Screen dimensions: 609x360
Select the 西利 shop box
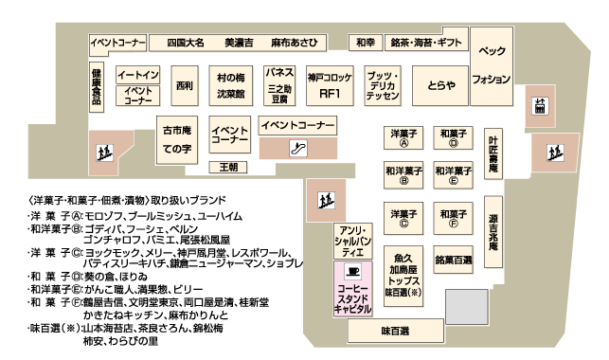(184, 86)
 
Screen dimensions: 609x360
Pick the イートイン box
(138, 74)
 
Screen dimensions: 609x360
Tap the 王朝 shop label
(228, 168)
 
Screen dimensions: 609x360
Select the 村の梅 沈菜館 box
(231, 85)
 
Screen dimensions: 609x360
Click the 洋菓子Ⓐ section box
(403, 139)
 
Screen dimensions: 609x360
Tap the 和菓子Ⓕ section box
(454, 219)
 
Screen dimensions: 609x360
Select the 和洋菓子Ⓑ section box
(403, 174)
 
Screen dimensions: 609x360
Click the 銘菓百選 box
(454, 259)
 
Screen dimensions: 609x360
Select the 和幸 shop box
(366, 44)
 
